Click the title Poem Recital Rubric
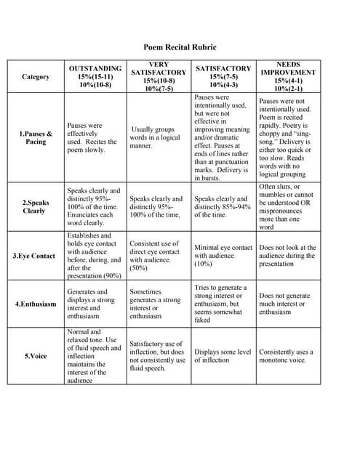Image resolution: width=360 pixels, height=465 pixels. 179,47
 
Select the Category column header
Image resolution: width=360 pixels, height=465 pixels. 36,76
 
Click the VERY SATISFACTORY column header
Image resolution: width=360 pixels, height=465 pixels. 158,76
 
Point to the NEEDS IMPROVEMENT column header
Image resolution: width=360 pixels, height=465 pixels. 287,76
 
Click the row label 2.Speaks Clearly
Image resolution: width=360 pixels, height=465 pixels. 36,206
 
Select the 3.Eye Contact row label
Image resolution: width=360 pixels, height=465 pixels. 34,256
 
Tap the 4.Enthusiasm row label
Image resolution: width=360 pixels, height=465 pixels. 36,304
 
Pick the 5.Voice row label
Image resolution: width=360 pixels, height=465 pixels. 36,356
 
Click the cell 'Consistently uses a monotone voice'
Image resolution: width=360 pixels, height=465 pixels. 287,356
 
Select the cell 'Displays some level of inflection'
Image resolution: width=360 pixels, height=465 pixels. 223,356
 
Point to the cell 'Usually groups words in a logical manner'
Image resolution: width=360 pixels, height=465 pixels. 156,137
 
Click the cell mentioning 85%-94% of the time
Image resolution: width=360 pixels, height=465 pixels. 221,206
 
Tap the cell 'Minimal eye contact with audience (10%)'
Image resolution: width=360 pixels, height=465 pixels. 221,256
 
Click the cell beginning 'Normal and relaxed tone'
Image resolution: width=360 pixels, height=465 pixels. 95,356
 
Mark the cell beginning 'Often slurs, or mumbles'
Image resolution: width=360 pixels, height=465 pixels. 287,206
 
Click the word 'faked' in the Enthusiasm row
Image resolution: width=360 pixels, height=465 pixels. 203,320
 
